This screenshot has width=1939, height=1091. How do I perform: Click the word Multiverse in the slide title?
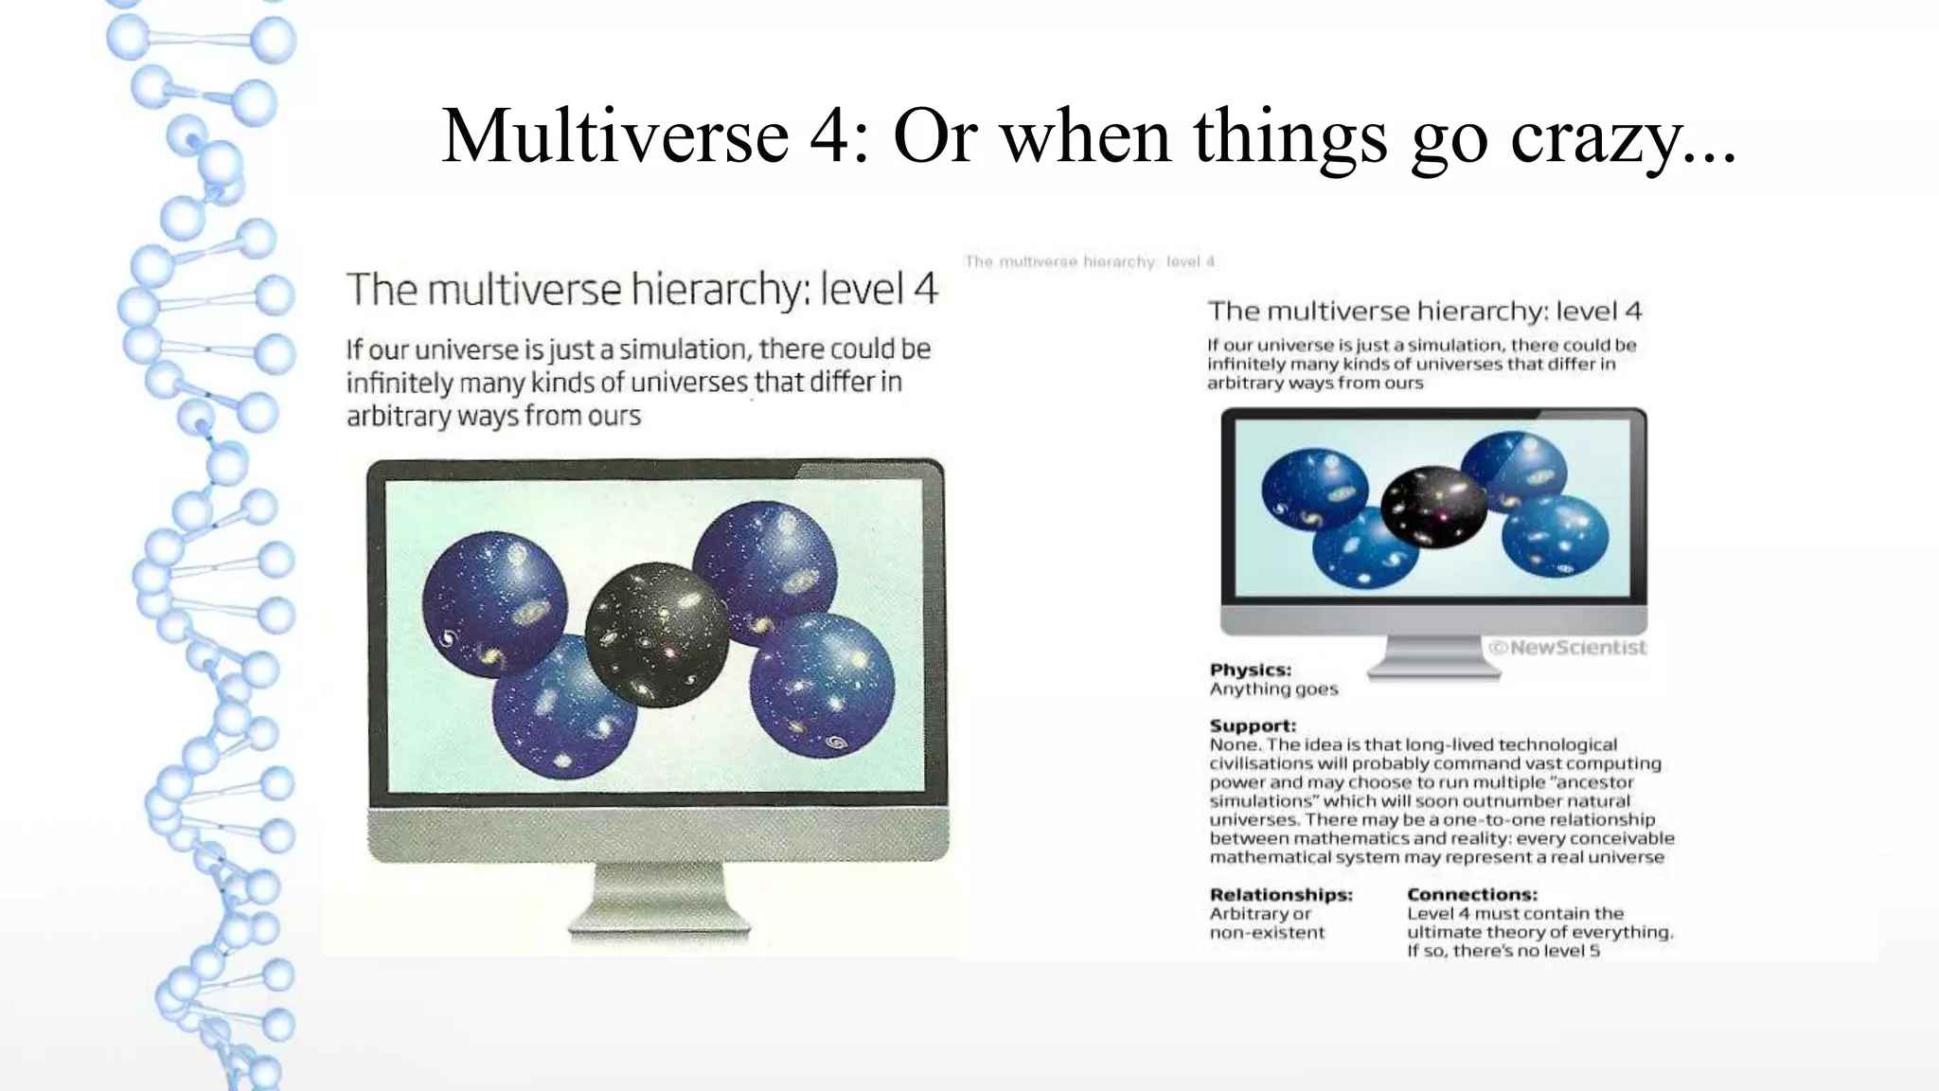click(614, 135)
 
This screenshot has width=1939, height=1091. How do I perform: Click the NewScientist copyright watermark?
click(1568, 648)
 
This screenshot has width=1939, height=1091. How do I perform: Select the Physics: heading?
click(1250, 670)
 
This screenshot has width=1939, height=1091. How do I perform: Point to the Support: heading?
click(1253, 726)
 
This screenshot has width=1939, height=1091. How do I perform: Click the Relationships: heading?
click(1281, 895)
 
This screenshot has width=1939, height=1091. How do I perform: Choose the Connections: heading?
click(1471, 895)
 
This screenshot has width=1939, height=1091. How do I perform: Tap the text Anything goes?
click(1273, 689)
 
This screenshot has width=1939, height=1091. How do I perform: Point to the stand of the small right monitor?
click(1432, 657)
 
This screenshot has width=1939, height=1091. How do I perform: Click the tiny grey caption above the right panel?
click(1089, 261)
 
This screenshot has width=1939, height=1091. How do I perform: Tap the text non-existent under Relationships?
click(1267, 933)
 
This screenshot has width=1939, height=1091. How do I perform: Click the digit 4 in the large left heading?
click(925, 289)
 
